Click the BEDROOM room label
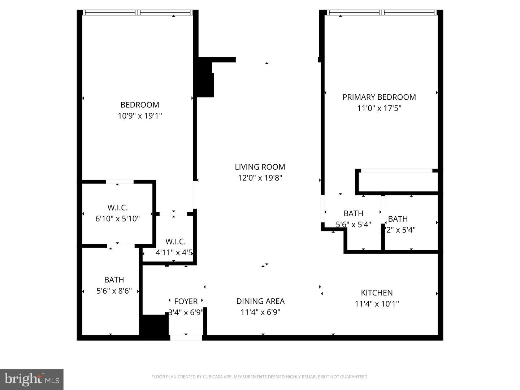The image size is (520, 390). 140,105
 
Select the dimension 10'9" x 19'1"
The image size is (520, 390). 140,116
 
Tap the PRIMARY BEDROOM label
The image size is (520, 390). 379,97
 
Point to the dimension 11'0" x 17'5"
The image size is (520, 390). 379,108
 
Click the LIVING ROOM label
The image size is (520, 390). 260,167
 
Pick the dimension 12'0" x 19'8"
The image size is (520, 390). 260,178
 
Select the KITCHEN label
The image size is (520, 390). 377,293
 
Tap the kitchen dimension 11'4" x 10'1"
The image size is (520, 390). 377,304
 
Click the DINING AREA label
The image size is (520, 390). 260,301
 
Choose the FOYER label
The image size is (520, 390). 186,301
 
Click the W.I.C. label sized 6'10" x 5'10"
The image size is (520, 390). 117,208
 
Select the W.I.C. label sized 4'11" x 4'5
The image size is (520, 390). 175,242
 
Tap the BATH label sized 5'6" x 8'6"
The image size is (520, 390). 114,280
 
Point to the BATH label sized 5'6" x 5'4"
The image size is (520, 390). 353,213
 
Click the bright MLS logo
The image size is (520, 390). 32,379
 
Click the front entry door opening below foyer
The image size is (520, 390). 186,338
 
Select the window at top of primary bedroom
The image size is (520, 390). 382,13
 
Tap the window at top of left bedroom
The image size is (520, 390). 138,13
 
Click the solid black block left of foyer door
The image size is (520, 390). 154,326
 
